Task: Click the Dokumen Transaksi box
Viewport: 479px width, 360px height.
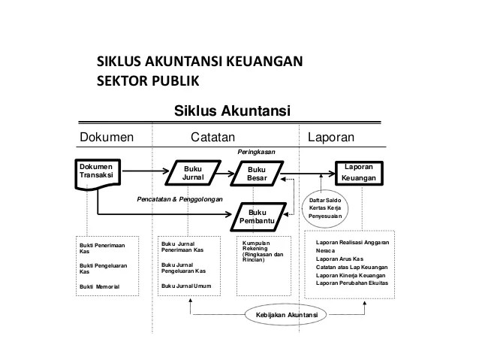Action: pyautogui.click(x=97, y=173)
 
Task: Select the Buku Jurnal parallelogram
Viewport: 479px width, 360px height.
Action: pyautogui.click(x=193, y=173)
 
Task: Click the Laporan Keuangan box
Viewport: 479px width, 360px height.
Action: pyautogui.click(x=361, y=173)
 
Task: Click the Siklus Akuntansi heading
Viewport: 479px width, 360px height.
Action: pyautogui.click(x=232, y=112)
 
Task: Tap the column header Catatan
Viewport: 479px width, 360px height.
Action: pyautogui.click(x=213, y=137)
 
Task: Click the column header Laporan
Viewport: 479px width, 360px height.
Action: pyautogui.click(x=332, y=137)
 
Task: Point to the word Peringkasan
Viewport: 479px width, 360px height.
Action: pyautogui.click(x=256, y=152)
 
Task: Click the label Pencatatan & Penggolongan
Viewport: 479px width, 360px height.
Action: pyautogui.click(x=181, y=200)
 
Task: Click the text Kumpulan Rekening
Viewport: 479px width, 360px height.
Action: pyautogui.click(x=256, y=247)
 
